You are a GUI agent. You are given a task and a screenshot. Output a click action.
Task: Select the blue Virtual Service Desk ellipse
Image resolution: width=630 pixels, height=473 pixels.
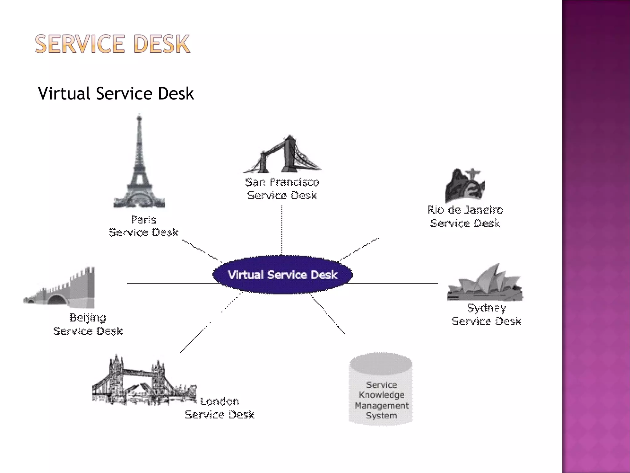pyautogui.click(x=282, y=275)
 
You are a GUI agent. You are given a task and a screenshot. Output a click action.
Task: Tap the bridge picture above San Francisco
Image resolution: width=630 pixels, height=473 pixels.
pyautogui.click(x=282, y=156)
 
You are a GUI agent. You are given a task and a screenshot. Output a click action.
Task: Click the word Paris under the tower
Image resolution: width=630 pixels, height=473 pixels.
pyautogui.click(x=144, y=220)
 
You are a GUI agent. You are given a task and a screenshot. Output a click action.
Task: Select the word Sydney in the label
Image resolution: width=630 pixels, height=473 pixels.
pyautogui.click(x=486, y=308)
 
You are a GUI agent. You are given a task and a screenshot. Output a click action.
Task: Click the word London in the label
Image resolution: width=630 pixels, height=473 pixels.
pyautogui.click(x=220, y=401)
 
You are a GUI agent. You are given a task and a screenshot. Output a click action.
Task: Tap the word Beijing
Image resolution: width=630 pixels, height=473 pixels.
pyautogui.click(x=88, y=317)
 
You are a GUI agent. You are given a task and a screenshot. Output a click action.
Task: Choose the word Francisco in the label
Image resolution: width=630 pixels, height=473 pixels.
pyautogui.click(x=295, y=182)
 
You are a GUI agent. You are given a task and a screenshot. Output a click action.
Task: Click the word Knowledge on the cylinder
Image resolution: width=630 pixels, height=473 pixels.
pyautogui.click(x=381, y=395)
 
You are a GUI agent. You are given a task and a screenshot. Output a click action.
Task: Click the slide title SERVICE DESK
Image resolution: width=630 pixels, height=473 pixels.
pyautogui.click(x=113, y=44)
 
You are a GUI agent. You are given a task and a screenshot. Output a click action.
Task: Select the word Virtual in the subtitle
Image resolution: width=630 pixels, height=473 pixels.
pyautogui.click(x=64, y=93)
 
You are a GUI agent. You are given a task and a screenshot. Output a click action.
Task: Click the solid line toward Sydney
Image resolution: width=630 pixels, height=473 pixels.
pyautogui.click(x=395, y=283)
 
